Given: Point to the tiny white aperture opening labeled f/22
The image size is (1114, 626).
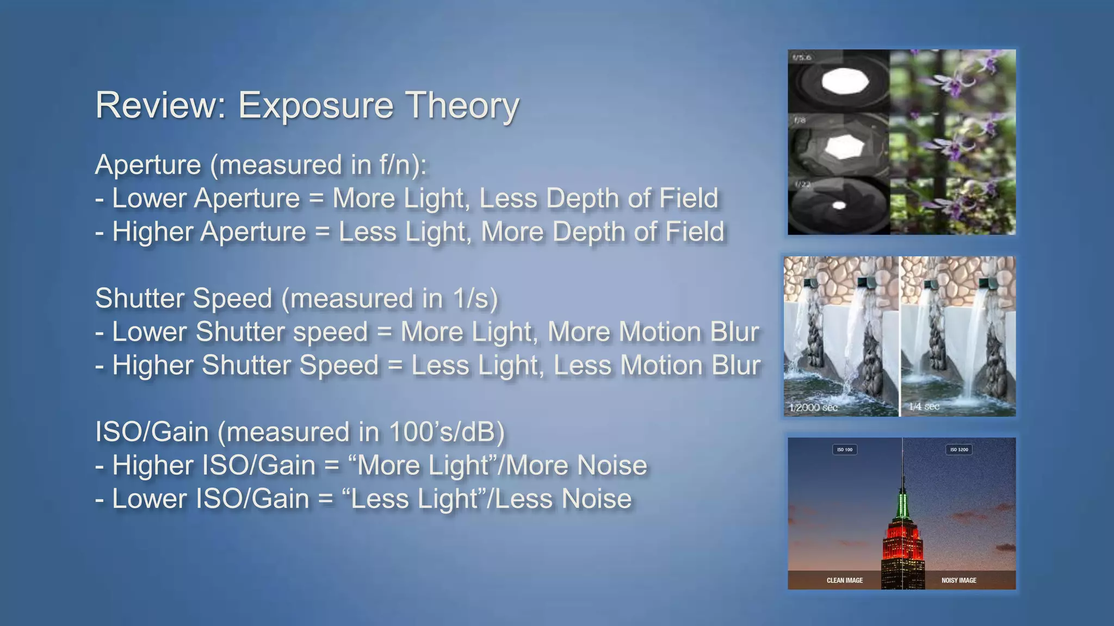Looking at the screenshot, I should pos(839,205).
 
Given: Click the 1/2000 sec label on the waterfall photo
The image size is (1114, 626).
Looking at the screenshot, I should pos(814,407).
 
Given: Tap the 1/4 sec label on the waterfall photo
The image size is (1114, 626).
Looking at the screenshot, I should pos(924,406).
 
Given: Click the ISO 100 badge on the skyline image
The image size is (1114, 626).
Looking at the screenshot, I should pos(845,449).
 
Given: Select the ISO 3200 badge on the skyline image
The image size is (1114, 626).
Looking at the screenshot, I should pos(959,449).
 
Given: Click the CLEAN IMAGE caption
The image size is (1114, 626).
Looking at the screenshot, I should pos(845,580).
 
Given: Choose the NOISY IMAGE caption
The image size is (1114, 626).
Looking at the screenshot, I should pos(959,580).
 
